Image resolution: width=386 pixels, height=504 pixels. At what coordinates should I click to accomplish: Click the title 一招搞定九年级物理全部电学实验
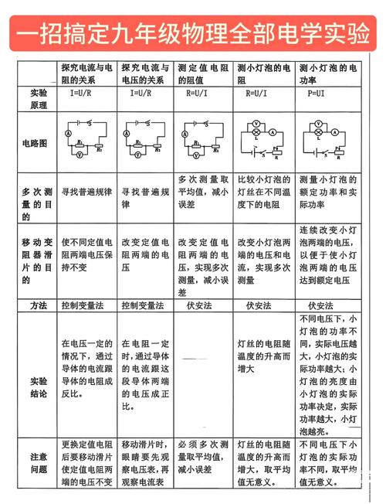pos(193,34)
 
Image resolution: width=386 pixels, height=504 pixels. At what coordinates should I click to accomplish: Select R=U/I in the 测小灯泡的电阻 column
pos(260,94)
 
